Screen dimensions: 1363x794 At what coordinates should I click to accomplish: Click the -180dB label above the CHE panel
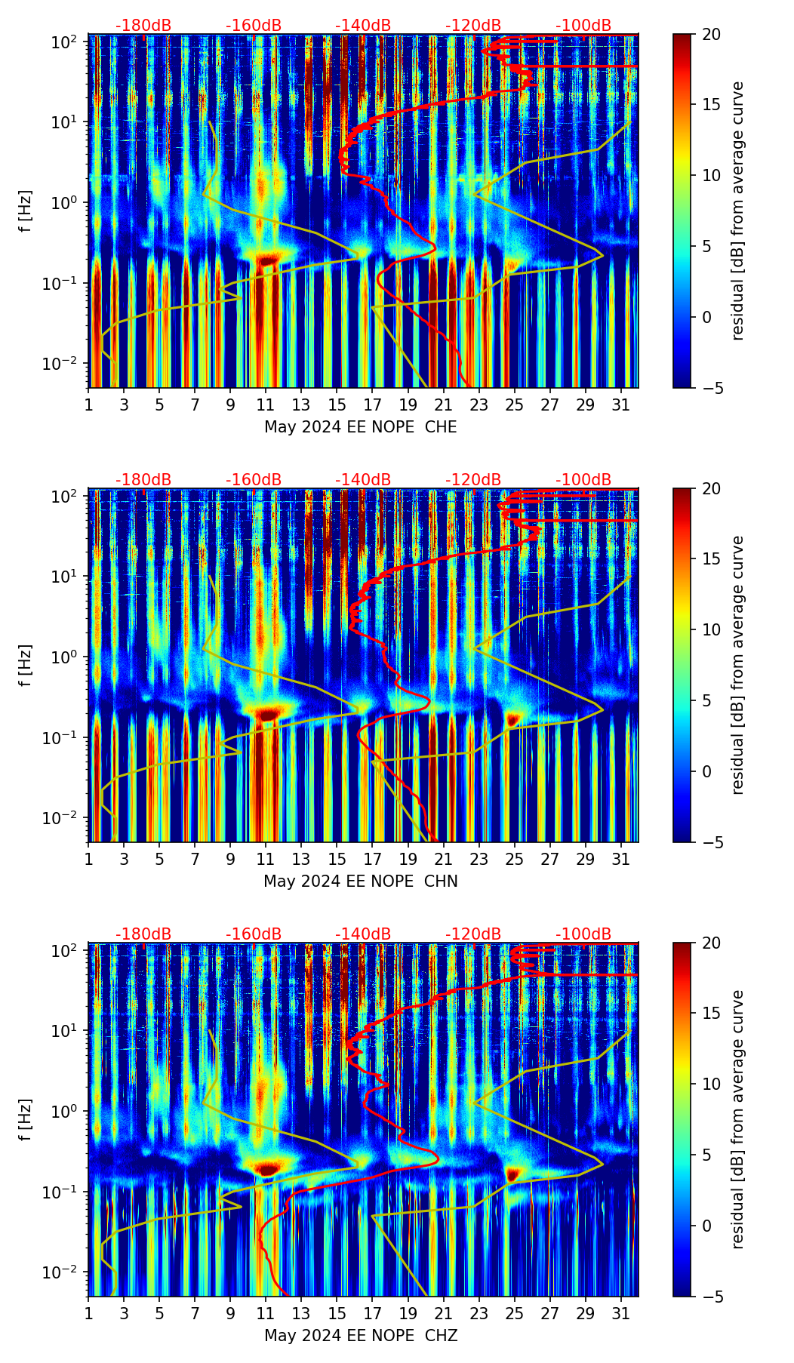[x=143, y=26]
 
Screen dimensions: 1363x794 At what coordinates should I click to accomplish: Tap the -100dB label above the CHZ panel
[x=583, y=934]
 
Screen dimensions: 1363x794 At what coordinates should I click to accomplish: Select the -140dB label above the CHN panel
[x=363, y=480]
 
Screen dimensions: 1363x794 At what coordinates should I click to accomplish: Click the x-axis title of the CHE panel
[x=360, y=427]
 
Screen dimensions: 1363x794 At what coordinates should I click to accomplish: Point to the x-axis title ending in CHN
[x=360, y=881]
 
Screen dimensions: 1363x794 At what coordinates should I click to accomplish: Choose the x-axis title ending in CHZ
[x=360, y=1336]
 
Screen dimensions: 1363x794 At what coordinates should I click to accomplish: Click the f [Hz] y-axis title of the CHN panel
[x=26, y=665]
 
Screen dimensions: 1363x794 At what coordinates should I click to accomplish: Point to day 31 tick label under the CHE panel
[x=620, y=405]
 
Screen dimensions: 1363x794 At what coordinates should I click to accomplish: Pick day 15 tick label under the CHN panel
[x=337, y=860]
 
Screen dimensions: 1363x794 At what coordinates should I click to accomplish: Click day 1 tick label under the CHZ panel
[x=88, y=1314]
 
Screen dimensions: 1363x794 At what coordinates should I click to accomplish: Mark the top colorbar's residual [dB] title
[x=737, y=211]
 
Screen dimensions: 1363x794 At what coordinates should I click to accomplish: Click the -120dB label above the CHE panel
[x=473, y=26]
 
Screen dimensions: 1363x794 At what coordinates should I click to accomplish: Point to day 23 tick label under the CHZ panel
[x=479, y=1314]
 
